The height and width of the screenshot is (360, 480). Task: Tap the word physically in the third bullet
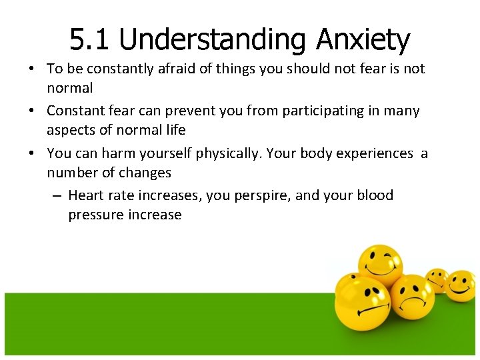click(228, 153)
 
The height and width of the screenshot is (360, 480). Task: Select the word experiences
click(374, 153)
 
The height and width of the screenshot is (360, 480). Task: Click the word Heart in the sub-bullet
click(85, 195)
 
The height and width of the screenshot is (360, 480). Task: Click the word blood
click(375, 195)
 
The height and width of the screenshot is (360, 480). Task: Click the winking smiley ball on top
click(380, 267)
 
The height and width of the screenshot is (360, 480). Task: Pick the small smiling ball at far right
click(460, 285)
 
